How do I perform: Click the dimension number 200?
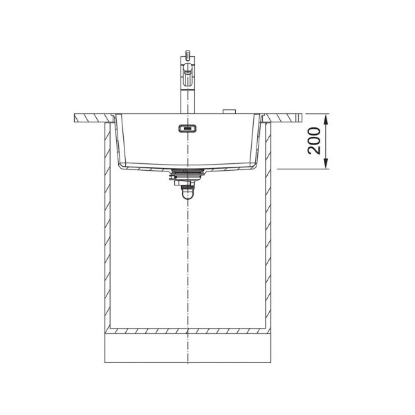tap(314, 141)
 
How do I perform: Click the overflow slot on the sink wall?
tap(188, 129)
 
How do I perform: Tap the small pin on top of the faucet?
tap(188, 53)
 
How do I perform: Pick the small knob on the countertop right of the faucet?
tap(229, 111)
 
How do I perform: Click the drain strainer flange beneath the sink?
tap(188, 172)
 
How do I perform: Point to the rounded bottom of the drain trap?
tap(188, 195)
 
